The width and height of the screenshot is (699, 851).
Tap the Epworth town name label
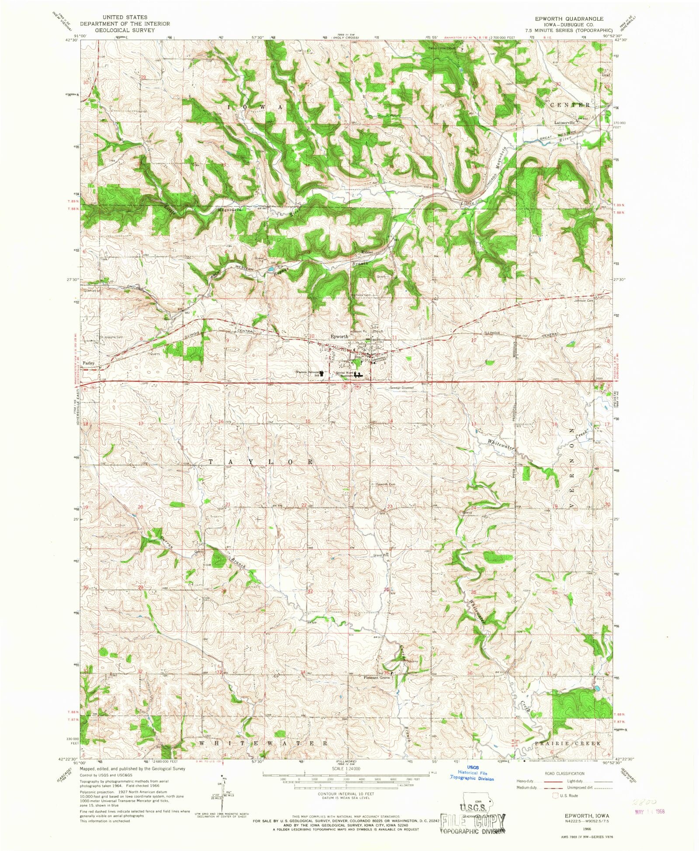339,337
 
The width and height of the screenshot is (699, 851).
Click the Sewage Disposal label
401,388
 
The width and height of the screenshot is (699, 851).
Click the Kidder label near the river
367,253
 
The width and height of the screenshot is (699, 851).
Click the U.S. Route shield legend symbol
555,795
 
